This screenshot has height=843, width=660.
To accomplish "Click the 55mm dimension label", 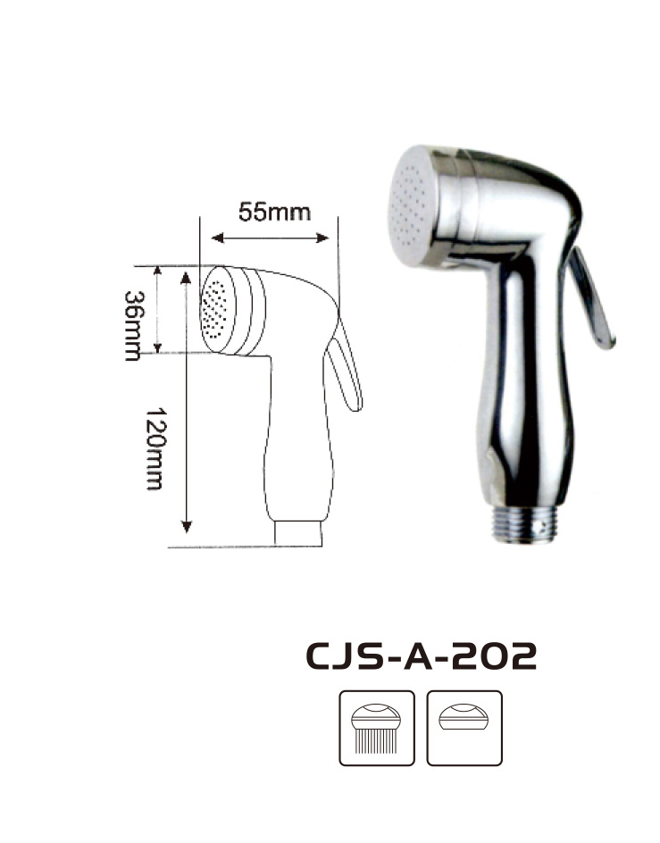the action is [274, 212].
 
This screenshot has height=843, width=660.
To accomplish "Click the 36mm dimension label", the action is [133, 326].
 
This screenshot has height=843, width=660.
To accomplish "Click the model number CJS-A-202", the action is [422, 655].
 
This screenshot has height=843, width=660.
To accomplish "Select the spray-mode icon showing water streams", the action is [377, 728].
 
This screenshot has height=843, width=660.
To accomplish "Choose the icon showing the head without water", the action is [464, 728].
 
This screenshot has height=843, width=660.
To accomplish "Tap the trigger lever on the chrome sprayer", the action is [592, 298].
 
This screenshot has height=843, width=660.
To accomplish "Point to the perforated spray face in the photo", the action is [411, 207].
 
